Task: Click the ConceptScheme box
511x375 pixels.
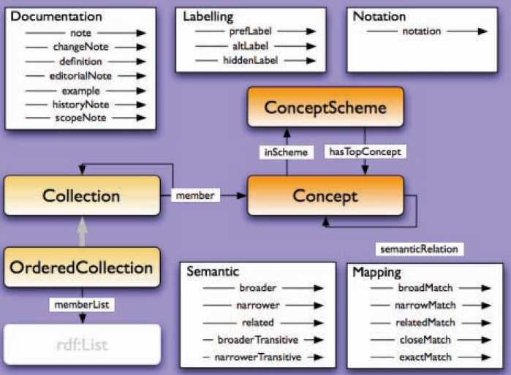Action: pos(325,108)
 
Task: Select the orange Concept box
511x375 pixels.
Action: pos(325,196)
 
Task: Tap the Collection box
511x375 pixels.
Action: pos(81,196)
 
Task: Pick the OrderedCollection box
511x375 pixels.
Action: pos(81,268)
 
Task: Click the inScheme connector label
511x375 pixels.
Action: pos(284,152)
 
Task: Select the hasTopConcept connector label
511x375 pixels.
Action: pos(364,152)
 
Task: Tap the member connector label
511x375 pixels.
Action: pos(196,195)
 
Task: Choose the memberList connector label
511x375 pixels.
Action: pos(82,302)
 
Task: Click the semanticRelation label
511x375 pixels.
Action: pos(419,249)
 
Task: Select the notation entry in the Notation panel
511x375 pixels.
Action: pos(422,31)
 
